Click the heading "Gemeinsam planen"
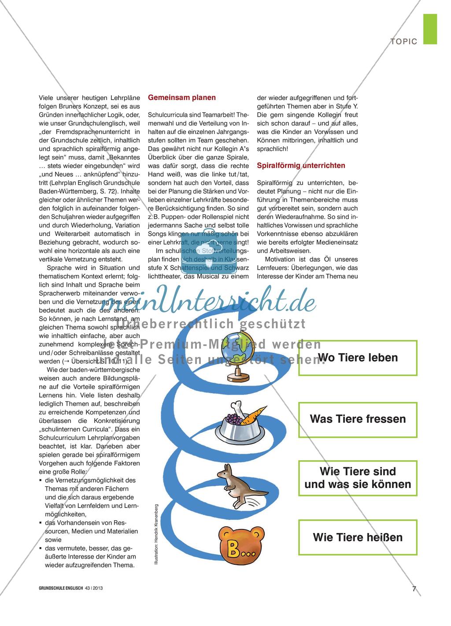(x=182, y=97)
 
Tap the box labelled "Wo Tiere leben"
(x=358, y=358)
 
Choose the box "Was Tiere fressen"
(x=358, y=419)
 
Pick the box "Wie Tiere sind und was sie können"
(x=358, y=478)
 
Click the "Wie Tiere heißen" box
(x=358, y=537)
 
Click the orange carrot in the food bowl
(x=254, y=416)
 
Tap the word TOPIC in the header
(x=403, y=41)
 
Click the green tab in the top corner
(x=430, y=29)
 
